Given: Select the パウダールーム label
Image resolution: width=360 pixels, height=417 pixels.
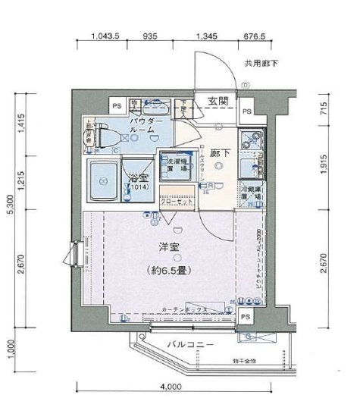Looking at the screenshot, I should click(x=143, y=125).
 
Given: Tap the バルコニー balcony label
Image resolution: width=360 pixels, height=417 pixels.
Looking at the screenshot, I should click(x=189, y=345).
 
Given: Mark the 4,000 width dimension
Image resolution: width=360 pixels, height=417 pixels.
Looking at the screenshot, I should click(x=172, y=386).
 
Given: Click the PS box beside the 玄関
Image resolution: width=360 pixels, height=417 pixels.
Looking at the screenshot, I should click(x=246, y=111).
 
